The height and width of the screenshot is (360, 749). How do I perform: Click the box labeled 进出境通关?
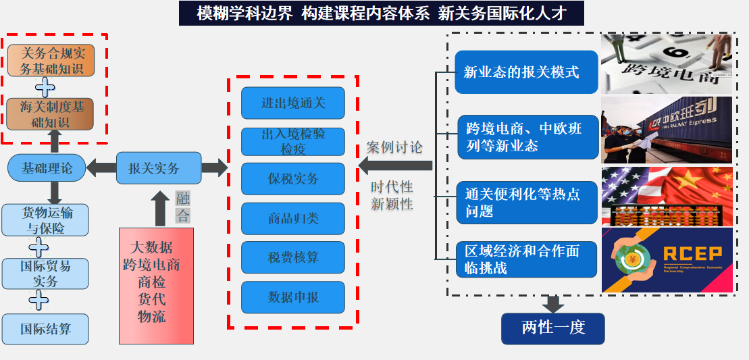(292, 103)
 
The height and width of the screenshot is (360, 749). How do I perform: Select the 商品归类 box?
(292, 218)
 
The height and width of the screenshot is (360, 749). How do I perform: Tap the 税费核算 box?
(292, 257)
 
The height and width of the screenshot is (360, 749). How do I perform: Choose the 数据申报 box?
(292, 297)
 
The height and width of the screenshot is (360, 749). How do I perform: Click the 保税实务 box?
(292, 179)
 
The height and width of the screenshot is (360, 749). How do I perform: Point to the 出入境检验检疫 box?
(292, 141)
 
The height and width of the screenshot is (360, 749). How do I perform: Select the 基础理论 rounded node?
(47, 168)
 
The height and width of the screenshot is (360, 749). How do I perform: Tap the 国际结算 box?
(45, 330)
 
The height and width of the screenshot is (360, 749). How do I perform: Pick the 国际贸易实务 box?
(45, 274)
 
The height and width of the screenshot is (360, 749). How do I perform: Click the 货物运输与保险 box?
(45, 221)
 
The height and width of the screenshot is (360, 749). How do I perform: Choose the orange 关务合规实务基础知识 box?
(51, 61)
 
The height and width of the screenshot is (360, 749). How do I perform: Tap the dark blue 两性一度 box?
(552, 328)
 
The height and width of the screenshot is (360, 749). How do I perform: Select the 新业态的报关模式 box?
(526, 72)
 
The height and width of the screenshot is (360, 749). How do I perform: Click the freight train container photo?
(667, 130)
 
